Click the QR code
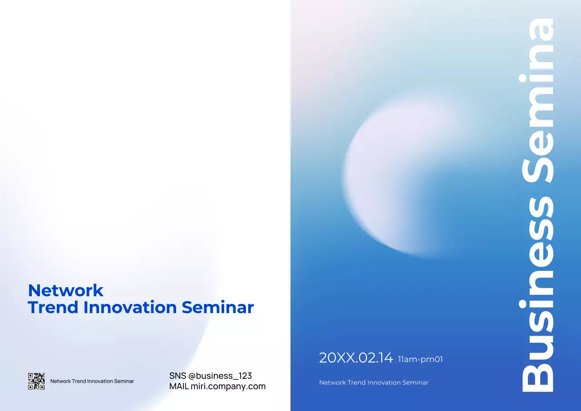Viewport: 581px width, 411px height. coord(36,381)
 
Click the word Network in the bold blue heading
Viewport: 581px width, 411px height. coord(66,290)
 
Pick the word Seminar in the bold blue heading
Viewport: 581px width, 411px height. coord(217,308)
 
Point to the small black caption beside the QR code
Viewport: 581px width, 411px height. coord(92,381)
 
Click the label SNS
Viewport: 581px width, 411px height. coord(177,376)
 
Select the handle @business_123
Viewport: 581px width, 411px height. coord(220,376)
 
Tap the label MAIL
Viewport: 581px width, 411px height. coord(179,387)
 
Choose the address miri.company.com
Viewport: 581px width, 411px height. coord(228,387)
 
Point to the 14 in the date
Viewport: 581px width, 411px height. coord(385,358)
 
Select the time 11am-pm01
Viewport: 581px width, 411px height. coord(420,360)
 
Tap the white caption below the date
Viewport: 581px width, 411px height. coord(374,382)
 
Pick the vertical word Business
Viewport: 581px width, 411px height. coord(538,295)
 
